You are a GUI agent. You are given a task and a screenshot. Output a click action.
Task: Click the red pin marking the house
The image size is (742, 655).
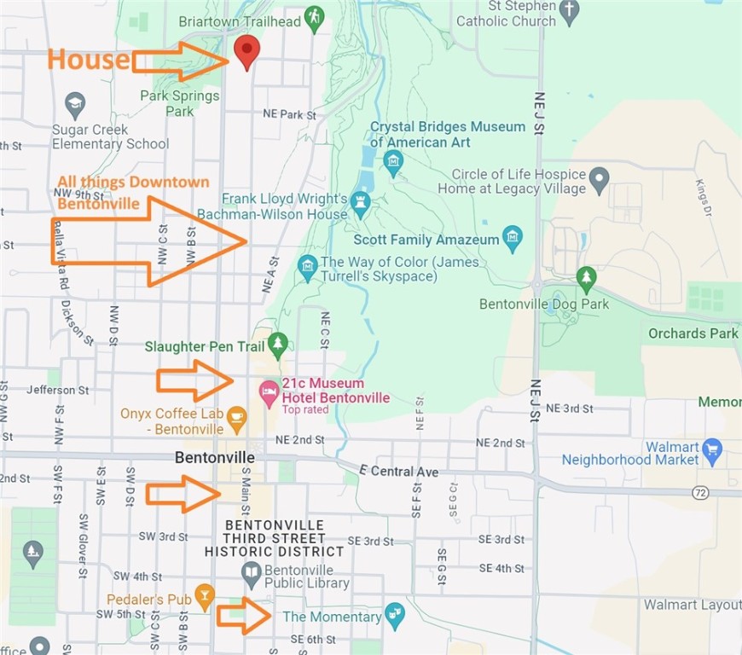click(246, 50)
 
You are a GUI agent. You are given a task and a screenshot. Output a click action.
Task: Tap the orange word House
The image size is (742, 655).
click(89, 59)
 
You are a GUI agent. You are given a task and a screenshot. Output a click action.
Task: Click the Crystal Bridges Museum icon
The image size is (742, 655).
click(393, 160)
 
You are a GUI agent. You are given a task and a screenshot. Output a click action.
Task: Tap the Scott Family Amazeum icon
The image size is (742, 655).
click(513, 239)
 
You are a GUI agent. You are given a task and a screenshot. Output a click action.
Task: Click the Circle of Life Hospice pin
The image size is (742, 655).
click(600, 180)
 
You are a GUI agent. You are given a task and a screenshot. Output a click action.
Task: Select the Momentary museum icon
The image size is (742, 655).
click(393, 614)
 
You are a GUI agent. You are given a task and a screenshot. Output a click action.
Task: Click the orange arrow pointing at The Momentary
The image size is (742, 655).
click(244, 616)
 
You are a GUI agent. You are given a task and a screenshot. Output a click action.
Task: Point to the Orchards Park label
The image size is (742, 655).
click(693, 333)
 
